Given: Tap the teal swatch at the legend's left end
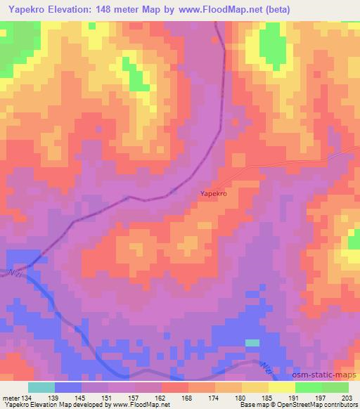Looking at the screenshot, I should tap(41, 387).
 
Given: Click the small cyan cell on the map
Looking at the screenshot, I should tap(252, 342).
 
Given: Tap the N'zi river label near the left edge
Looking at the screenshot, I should tap(13, 273).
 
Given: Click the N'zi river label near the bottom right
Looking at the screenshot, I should tap(264, 368).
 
